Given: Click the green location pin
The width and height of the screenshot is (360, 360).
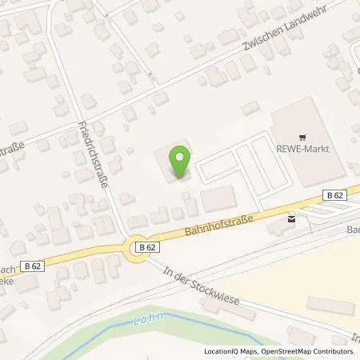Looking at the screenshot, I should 178,159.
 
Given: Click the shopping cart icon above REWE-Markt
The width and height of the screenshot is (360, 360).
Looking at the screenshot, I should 302,136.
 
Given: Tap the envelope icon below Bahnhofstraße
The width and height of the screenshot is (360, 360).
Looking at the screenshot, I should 290,217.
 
